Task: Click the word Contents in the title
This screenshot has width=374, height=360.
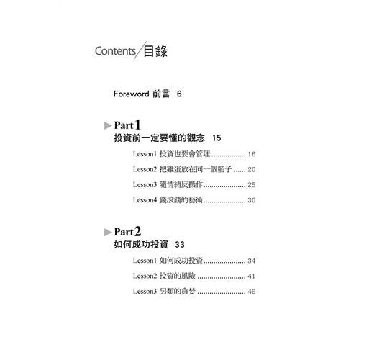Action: click(x=115, y=51)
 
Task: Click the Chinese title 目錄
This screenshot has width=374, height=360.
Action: click(x=155, y=51)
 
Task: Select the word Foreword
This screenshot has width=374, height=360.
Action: click(x=131, y=94)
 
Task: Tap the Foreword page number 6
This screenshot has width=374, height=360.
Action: click(x=179, y=94)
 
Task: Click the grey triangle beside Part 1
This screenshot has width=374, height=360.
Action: click(x=108, y=125)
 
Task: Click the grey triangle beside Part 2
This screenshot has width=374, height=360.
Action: click(x=108, y=232)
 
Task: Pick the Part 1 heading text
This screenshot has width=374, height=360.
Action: click(x=127, y=125)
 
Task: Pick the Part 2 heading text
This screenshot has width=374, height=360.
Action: click(x=127, y=232)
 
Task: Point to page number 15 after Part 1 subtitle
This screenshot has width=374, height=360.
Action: click(x=216, y=138)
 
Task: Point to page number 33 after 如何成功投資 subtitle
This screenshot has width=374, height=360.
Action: click(x=180, y=245)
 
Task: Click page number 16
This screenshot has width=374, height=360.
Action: click(x=252, y=154)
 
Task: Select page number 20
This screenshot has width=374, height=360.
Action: click(x=252, y=169)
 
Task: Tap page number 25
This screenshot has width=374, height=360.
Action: click(x=252, y=185)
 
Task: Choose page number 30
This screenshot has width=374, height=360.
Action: click(x=252, y=200)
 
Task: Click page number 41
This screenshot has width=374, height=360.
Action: click(x=251, y=276)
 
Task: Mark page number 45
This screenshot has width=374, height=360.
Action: click(x=252, y=292)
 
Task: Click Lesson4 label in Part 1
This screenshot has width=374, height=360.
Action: click(x=145, y=200)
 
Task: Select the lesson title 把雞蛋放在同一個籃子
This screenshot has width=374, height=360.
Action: click(x=196, y=169)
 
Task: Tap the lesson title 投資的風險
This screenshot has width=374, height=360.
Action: click(x=178, y=276)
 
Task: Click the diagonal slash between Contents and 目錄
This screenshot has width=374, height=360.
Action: click(x=140, y=50)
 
